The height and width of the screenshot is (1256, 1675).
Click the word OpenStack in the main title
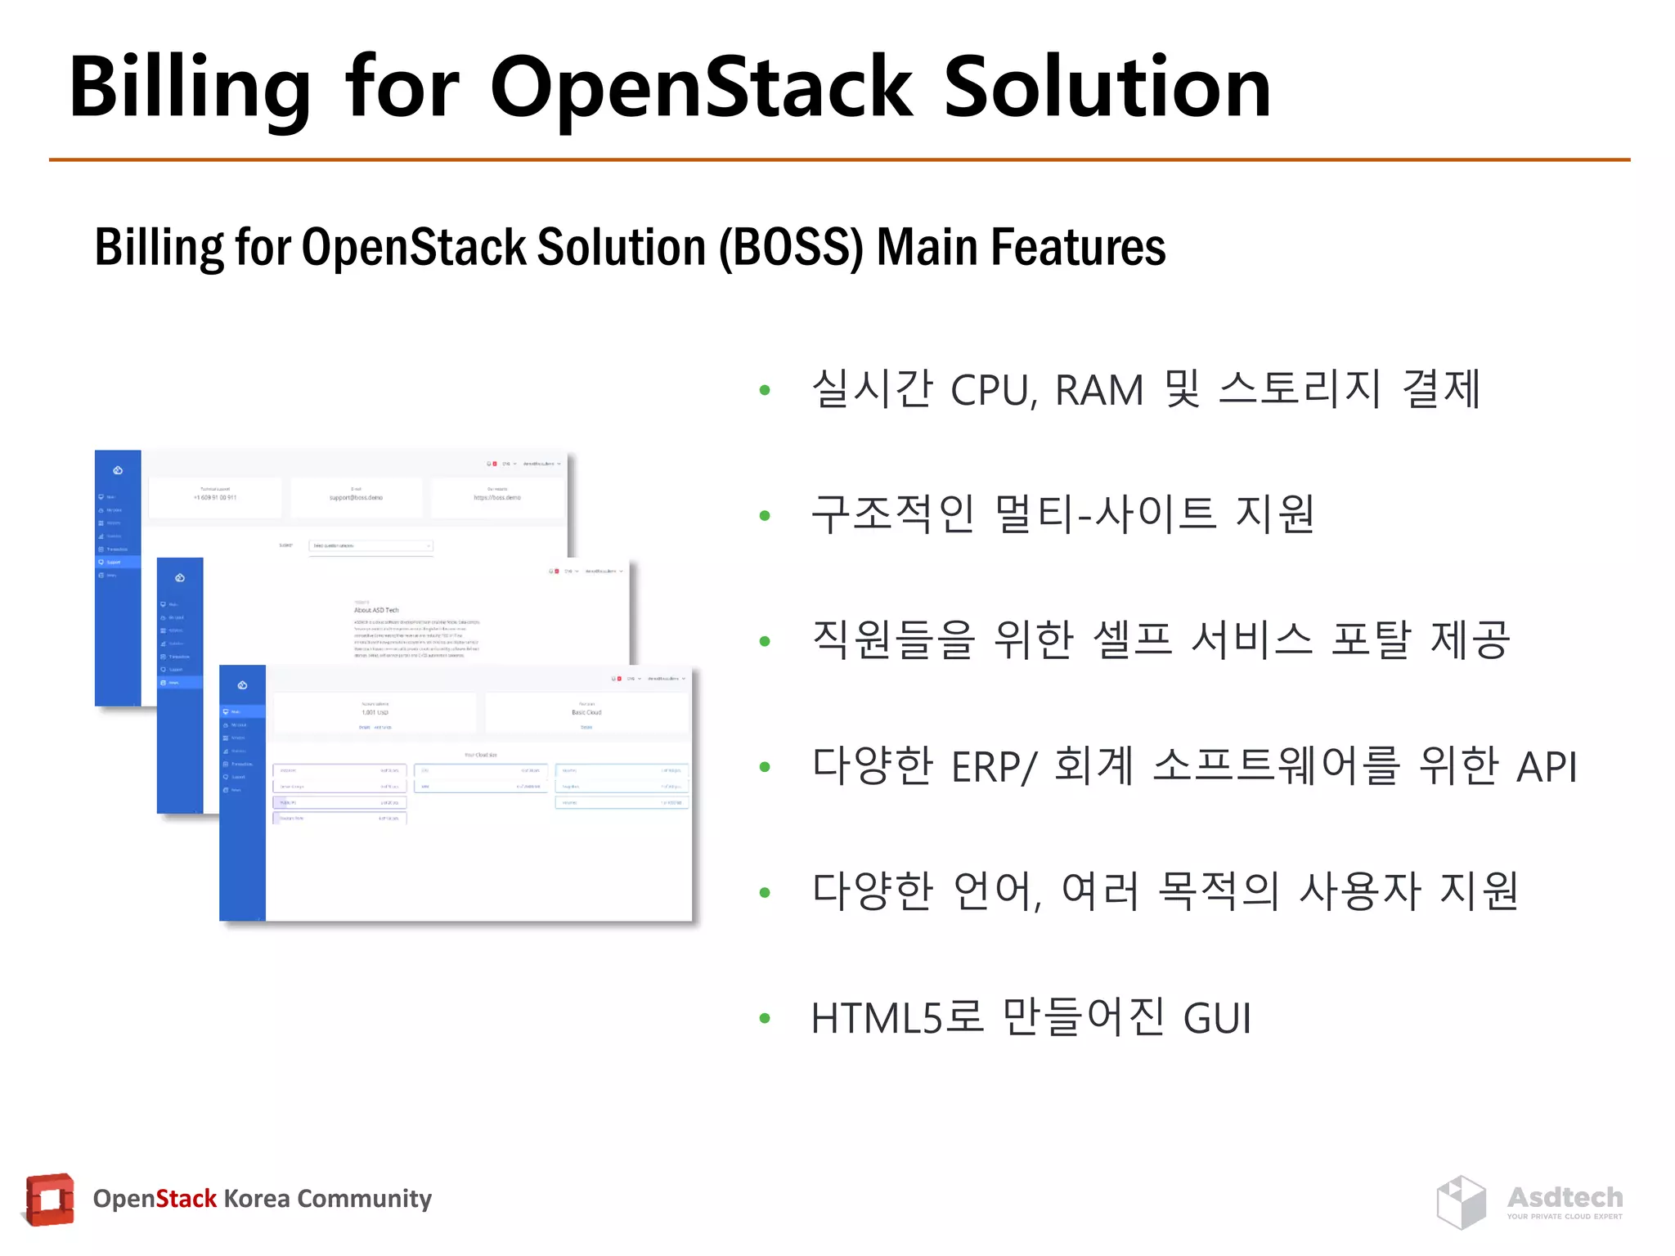pyautogui.click(x=701, y=88)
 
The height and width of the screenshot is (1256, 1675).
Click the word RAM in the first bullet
pyautogui.click(x=1098, y=390)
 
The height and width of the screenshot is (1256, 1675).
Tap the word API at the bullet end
pyautogui.click(x=1546, y=767)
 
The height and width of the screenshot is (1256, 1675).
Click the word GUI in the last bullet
pyautogui.click(x=1217, y=1019)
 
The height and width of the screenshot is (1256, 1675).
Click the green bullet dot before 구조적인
pyautogui.click(x=765, y=516)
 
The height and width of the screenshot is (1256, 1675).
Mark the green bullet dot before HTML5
pyautogui.click(x=765, y=1019)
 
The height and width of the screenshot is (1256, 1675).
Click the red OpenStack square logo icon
pyautogui.click(x=49, y=1200)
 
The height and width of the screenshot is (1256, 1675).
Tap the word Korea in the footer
pyautogui.click(x=256, y=1199)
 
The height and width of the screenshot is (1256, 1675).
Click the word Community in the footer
pyautogui.click(x=364, y=1199)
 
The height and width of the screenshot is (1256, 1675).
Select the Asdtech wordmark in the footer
pyautogui.click(x=1565, y=1197)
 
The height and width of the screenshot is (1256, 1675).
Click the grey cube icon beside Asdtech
pyautogui.click(x=1462, y=1202)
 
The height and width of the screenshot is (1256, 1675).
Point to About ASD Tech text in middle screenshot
pyautogui.click(x=376, y=610)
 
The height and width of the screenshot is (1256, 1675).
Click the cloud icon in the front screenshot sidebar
pyautogui.click(x=242, y=685)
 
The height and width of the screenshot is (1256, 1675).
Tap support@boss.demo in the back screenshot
pyautogui.click(x=356, y=497)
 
